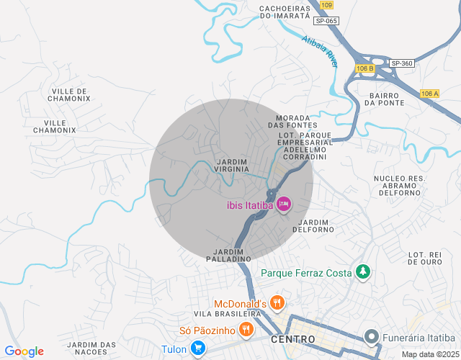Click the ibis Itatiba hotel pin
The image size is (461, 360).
(284, 204)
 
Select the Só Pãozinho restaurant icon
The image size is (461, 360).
(246, 330)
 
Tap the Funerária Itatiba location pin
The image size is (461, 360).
(372, 336)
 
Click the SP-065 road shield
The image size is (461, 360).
(326, 21)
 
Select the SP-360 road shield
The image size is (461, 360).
(402, 63)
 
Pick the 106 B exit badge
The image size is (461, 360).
(365, 68)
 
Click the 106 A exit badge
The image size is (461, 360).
(429, 94)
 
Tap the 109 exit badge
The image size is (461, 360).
(326, 5)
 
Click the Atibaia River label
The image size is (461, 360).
(321, 51)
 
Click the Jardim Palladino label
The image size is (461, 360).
(228, 254)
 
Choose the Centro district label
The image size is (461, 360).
(293, 338)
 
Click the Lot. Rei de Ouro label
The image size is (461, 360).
(425, 258)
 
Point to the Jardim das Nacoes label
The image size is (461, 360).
(91, 348)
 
